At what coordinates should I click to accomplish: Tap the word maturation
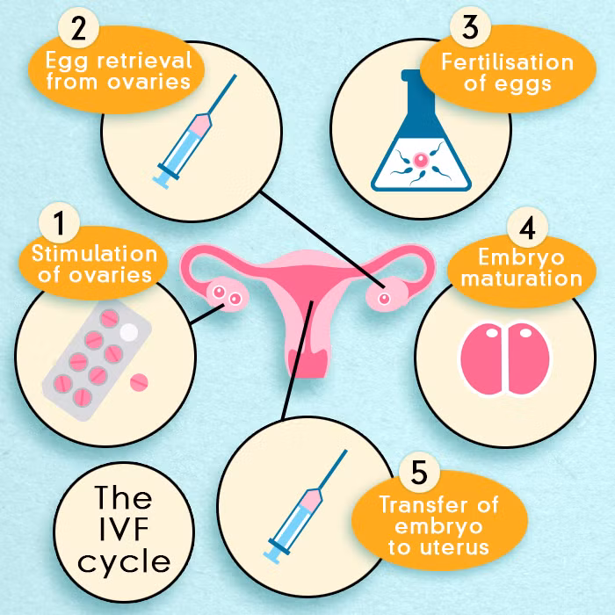click(517, 279)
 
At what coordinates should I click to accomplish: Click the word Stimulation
click(95, 255)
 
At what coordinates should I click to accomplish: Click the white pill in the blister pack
click(128, 333)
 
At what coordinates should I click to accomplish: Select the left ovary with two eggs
click(225, 295)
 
